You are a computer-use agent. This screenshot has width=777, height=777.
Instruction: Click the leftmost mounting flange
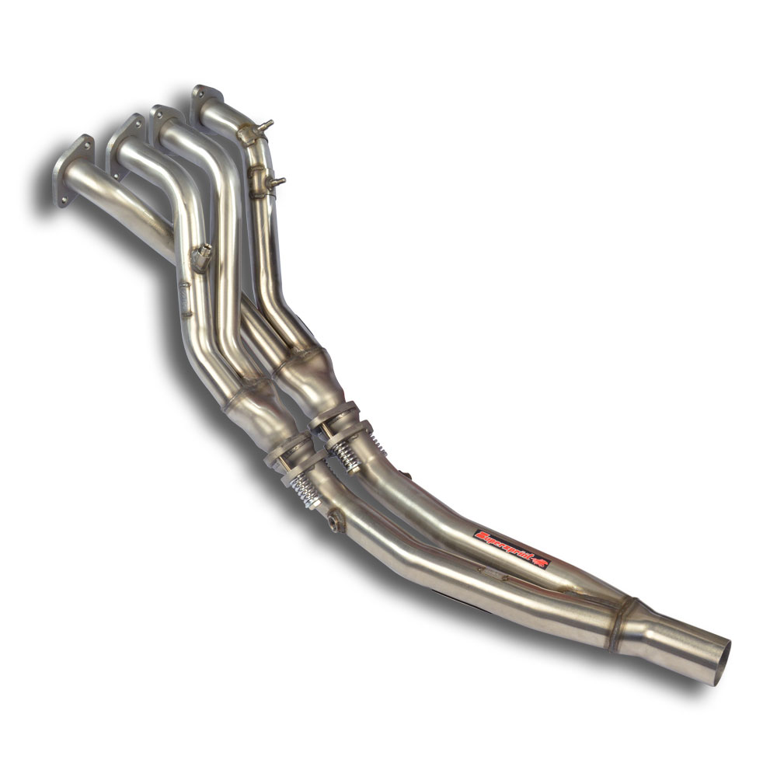point(74,170)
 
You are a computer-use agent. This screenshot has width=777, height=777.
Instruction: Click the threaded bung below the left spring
point(336,521)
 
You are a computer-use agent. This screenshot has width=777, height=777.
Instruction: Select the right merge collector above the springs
point(311,373)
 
